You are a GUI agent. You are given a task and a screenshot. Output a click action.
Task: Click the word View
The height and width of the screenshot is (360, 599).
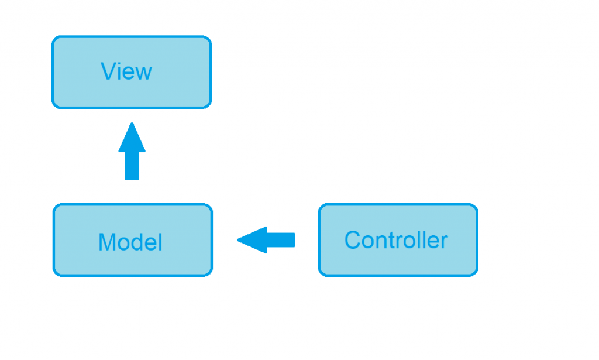click(x=126, y=71)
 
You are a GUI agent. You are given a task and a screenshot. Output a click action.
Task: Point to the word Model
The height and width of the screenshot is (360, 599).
click(x=130, y=242)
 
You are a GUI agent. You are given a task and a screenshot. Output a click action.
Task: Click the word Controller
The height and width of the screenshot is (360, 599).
click(x=396, y=240)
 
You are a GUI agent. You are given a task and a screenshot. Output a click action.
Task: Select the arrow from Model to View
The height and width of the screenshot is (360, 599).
click(x=132, y=151)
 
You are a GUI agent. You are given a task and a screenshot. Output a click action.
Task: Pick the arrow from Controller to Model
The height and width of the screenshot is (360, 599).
click(x=266, y=240)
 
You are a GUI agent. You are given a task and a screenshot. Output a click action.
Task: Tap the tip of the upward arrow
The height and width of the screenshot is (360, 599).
click(x=132, y=124)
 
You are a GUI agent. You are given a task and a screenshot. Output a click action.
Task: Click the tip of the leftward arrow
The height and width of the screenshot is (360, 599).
click(x=239, y=240)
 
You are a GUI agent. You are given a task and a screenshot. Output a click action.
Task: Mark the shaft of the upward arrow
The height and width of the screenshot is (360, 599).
click(x=132, y=166)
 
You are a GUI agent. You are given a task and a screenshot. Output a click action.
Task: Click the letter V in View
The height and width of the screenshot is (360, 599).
click(x=108, y=71)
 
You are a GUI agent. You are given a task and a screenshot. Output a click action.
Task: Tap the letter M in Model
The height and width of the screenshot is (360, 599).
click(x=107, y=242)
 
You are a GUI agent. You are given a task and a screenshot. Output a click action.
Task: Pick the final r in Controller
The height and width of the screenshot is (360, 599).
click(x=445, y=241)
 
